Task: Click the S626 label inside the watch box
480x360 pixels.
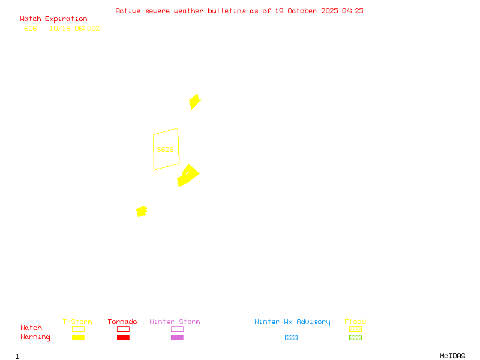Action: [x=165, y=149]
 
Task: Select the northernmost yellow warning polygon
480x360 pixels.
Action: [x=194, y=101]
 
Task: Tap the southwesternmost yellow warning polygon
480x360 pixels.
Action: [x=142, y=211]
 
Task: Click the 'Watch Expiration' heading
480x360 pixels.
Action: [x=53, y=19]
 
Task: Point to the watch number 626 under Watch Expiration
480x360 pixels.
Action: [x=31, y=28]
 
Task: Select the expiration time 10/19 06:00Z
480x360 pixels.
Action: [x=74, y=28]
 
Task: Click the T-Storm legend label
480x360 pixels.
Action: [x=77, y=322]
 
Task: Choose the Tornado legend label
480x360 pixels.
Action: [x=122, y=322]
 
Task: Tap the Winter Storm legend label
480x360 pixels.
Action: [x=175, y=322]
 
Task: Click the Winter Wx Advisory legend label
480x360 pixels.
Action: [x=292, y=322]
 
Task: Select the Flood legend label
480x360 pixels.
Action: [x=355, y=322]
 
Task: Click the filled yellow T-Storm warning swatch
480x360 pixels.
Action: [x=78, y=338]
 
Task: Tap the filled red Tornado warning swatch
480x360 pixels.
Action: [x=123, y=338]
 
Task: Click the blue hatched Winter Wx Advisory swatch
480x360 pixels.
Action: [x=291, y=338]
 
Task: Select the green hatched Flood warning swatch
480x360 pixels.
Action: [x=355, y=338]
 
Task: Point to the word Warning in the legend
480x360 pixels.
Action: [x=35, y=337]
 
